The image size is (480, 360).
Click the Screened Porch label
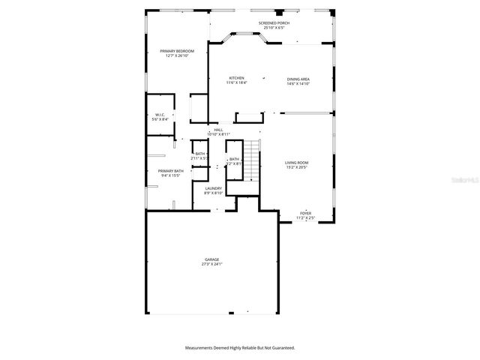[x=274, y=23]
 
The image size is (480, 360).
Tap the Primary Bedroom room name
[x=176, y=51]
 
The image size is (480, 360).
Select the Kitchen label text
[x=236, y=78]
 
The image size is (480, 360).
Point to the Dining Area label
[x=298, y=79]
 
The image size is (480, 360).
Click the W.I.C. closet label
[x=160, y=115]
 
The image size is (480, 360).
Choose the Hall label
[x=218, y=130]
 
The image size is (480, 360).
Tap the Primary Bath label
[x=170, y=171]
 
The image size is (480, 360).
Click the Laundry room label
[x=214, y=189]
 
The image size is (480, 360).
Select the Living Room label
[x=296, y=163]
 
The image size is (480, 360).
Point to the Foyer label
[x=305, y=213]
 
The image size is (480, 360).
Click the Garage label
[x=212, y=259]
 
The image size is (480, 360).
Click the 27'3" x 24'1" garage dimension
[x=212, y=264]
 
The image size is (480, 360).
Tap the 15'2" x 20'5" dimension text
[x=296, y=167]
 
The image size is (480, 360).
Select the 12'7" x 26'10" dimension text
[x=176, y=55]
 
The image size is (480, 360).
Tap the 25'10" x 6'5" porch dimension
[x=274, y=28]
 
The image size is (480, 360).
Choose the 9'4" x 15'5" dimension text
[x=170, y=175]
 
